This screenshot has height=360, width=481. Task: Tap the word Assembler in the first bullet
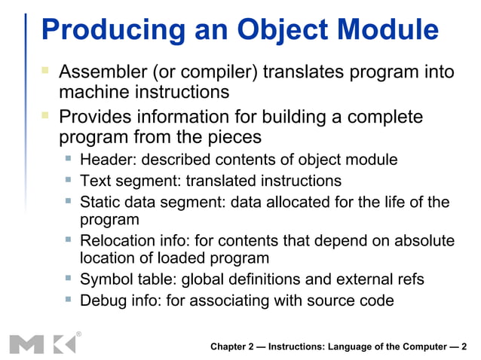coord(101,73)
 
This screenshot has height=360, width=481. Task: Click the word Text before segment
coord(94,181)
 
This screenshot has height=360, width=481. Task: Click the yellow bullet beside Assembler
coord(45,71)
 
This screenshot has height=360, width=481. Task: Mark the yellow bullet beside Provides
coord(45,116)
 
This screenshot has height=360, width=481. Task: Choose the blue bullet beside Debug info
coord(68,300)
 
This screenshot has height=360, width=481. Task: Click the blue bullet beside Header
coord(68,159)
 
